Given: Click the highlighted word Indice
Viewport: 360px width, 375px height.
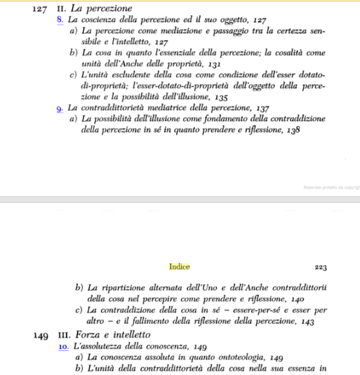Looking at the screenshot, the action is [x=179, y=267].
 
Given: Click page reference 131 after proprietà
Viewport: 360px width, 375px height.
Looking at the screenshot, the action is [x=213, y=65].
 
